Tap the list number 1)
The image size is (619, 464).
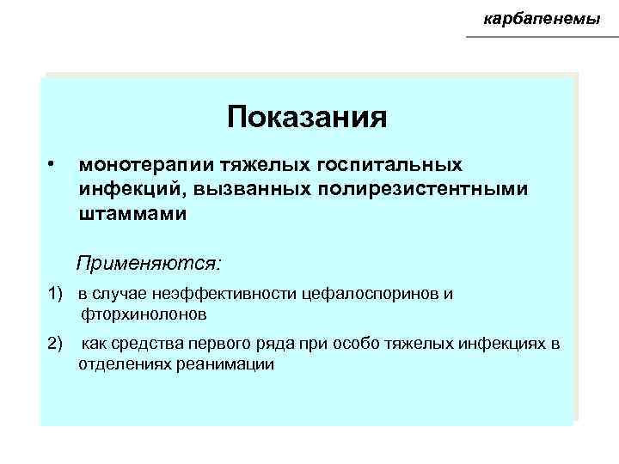(57, 294)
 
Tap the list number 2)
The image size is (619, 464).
(57, 345)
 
